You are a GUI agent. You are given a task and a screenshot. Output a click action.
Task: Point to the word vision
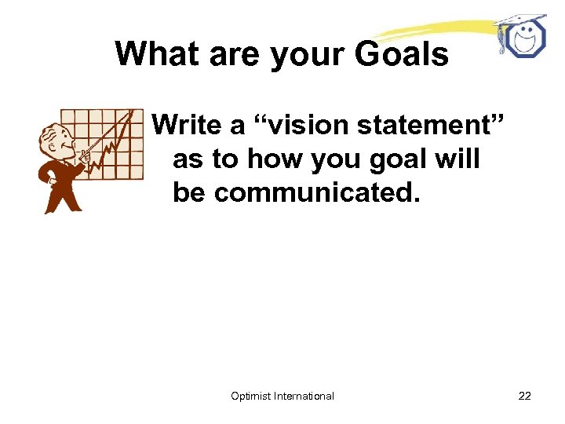(x=299, y=124)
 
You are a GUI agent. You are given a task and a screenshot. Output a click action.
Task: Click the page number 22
(x=525, y=396)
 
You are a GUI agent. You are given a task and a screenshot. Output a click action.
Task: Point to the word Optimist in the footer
(x=251, y=396)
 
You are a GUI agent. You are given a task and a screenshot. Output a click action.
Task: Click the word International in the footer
(x=304, y=396)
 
